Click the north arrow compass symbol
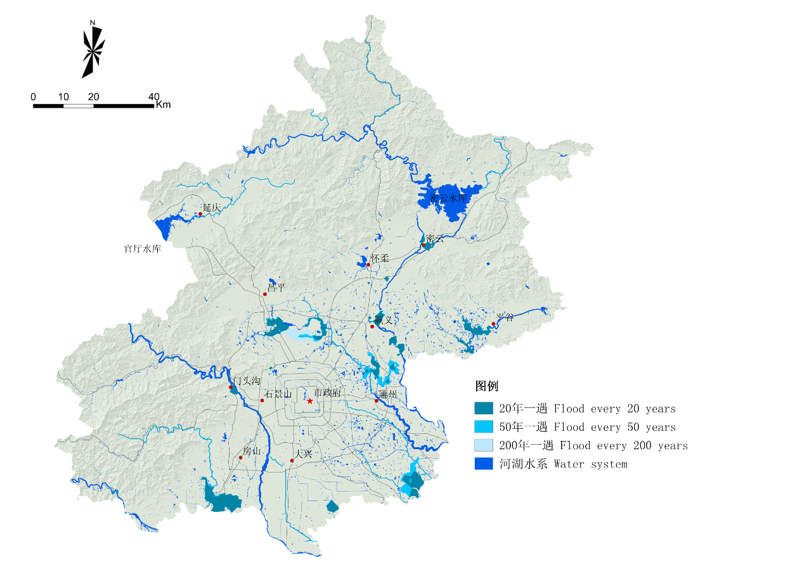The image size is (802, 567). click(x=93, y=50)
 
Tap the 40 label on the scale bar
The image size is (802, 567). click(x=153, y=97)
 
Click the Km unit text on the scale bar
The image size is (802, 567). click(x=164, y=105)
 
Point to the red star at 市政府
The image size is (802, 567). click(x=310, y=401)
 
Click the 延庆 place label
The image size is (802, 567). click(x=211, y=208)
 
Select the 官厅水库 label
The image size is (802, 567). click(x=142, y=249)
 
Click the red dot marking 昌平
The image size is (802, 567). click(x=265, y=294)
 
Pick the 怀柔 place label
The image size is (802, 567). click(x=379, y=259)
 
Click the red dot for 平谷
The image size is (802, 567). click(x=493, y=324)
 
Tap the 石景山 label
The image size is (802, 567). click(x=278, y=394)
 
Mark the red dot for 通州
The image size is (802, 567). click(x=376, y=400)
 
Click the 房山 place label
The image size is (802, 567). click(x=252, y=452)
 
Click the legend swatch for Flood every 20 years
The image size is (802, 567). click(x=484, y=409)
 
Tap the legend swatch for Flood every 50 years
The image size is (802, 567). click(x=484, y=427)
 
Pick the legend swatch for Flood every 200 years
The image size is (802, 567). click(x=484, y=445)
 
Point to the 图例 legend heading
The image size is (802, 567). click(x=487, y=386)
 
